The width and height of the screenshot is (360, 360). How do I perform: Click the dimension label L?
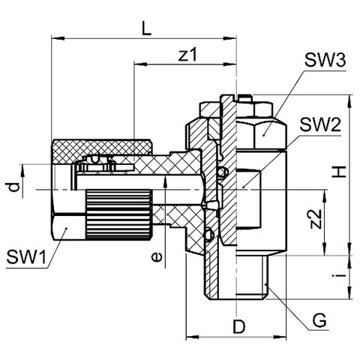click(146, 28)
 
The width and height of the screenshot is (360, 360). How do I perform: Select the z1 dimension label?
click(188, 55)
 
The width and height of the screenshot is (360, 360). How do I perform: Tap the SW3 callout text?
click(325, 61)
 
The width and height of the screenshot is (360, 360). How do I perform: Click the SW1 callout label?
click(26, 256)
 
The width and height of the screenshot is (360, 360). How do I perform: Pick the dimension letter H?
click(339, 172)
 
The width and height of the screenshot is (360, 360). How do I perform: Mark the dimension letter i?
click(339, 276)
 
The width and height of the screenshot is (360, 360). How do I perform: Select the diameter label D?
click(239, 326)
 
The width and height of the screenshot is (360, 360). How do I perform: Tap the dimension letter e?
click(157, 256)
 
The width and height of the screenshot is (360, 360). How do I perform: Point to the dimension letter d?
click(13, 187)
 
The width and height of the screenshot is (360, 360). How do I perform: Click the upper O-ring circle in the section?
click(223, 172)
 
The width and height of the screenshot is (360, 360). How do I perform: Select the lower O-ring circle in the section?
click(209, 234)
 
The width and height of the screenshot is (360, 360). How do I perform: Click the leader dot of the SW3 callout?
click(263, 135)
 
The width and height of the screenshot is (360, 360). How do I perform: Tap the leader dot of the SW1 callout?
click(66, 228)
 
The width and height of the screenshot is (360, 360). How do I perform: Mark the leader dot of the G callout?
click(267, 284)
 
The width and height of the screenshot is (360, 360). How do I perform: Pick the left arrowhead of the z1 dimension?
click(140, 64)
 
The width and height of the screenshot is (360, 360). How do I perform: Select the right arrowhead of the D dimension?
click(280, 337)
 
